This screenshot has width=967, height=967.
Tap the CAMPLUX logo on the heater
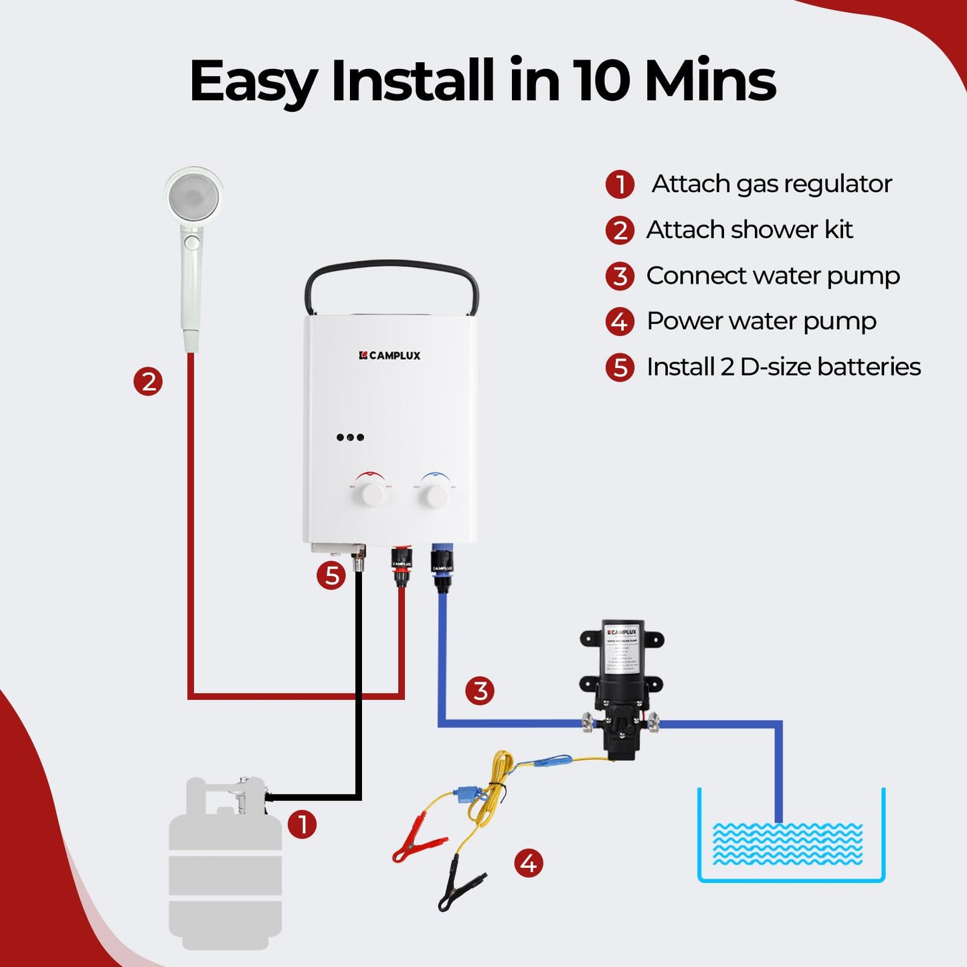pyautogui.click(x=389, y=355)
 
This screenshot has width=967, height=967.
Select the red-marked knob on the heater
pyautogui.click(x=369, y=495)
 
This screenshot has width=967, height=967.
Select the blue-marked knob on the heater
pyautogui.click(x=435, y=496)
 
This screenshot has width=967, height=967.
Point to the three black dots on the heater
pyautogui.click(x=350, y=438)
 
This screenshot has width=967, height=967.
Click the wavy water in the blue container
pyautogui.click(x=787, y=844)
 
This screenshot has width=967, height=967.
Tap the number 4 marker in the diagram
pyautogui.click(x=529, y=863)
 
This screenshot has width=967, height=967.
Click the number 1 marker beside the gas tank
pyautogui.click(x=302, y=824)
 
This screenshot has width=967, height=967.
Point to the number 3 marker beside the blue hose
pyautogui.click(x=480, y=691)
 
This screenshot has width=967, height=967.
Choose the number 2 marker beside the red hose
pyautogui.click(x=148, y=381)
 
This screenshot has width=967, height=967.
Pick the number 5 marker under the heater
pyautogui.click(x=331, y=576)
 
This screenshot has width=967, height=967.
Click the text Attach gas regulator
pyautogui.click(x=771, y=184)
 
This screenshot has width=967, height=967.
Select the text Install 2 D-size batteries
pyautogui.click(x=783, y=367)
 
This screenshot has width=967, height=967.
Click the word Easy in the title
pyautogui.click(x=253, y=82)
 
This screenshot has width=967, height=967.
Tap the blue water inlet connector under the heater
pyautogui.click(x=442, y=567)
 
